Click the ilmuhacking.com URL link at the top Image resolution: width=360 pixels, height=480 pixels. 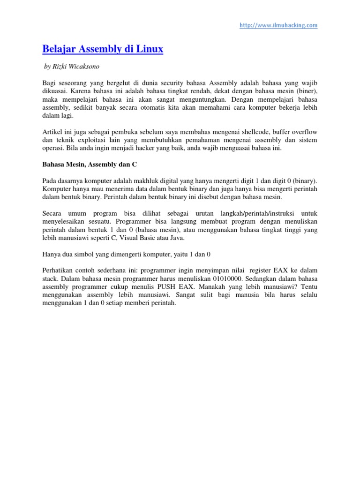click(278, 25)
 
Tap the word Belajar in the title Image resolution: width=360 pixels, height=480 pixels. click(59, 49)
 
